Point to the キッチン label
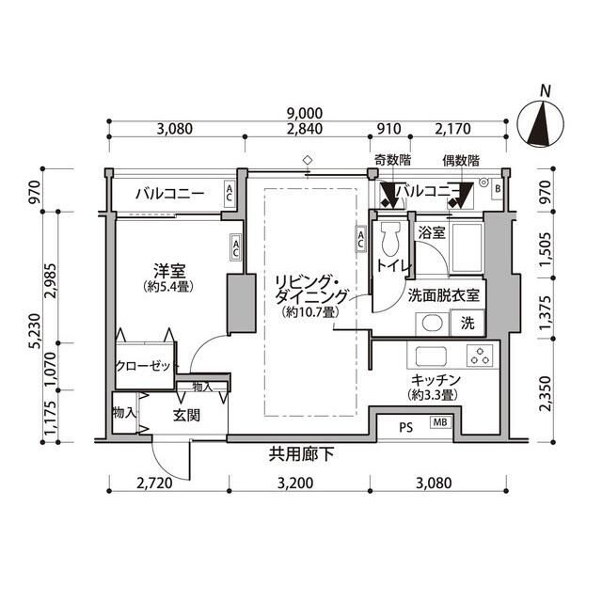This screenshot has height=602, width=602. click(434, 380)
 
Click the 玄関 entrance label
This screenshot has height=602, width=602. click(185, 414)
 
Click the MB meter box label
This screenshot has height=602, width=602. click(439, 422)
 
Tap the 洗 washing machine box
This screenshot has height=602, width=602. click(467, 324)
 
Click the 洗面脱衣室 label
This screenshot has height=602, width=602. click(444, 294)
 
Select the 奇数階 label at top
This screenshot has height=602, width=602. click(390, 160)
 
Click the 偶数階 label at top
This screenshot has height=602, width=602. click(461, 160)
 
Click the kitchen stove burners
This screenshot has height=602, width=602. click(479, 356)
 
